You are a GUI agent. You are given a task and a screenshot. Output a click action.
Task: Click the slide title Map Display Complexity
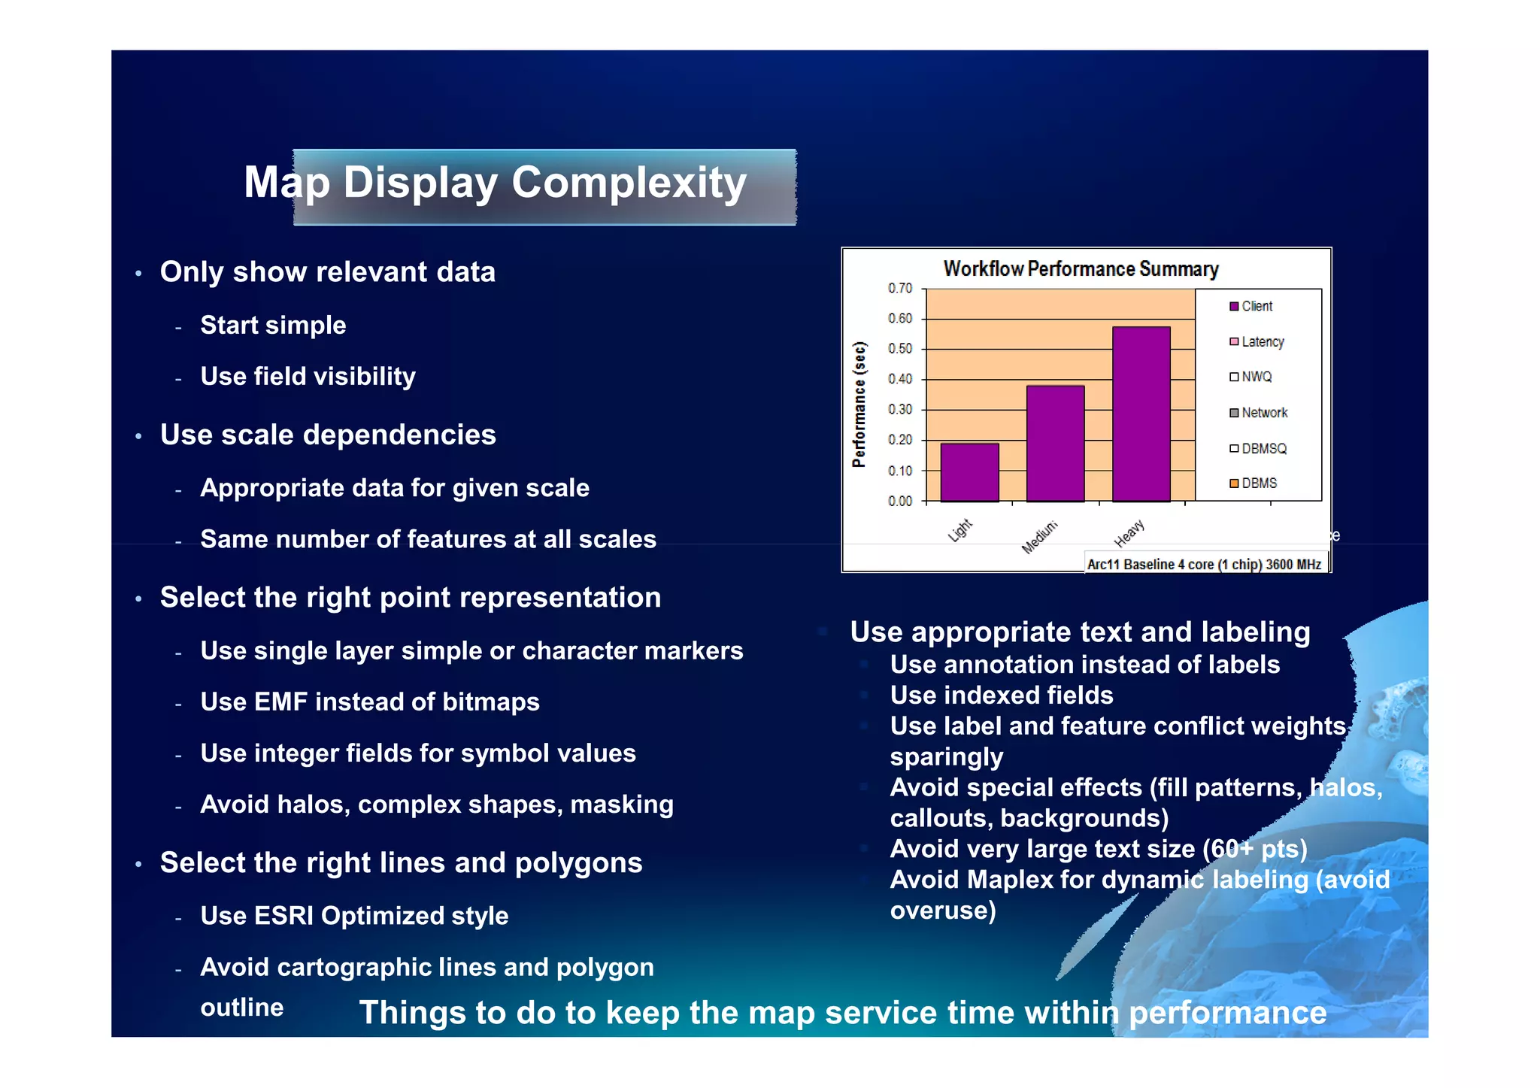point(495,183)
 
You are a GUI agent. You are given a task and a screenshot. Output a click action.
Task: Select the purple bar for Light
point(969,472)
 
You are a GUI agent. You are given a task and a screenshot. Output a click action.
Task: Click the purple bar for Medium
point(1055,444)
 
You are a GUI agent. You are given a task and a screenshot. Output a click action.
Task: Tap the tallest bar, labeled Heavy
point(1141,414)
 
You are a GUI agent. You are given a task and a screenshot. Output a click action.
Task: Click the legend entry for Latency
point(1262,341)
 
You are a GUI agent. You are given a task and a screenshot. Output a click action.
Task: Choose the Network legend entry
point(1263,413)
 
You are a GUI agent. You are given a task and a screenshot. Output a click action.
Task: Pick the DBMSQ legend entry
point(1263,448)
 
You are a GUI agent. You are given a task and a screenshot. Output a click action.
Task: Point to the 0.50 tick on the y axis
point(899,349)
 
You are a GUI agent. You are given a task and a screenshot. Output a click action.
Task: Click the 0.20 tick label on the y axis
point(899,440)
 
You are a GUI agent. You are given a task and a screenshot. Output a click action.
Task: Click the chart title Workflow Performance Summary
point(1081,268)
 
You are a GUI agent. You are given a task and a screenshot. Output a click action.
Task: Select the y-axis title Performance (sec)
point(859,405)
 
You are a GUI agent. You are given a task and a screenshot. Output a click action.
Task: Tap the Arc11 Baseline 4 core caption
point(1203,564)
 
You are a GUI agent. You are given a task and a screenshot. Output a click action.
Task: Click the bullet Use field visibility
point(308,376)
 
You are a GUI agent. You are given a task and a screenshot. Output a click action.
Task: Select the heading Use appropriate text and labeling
point(1080,632)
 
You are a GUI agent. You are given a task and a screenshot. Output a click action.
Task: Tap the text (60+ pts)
point(1254,849)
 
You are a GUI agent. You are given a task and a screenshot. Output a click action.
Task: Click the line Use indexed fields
point(1001,695)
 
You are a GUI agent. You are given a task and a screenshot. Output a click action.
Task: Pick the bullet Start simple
point(273,325)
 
